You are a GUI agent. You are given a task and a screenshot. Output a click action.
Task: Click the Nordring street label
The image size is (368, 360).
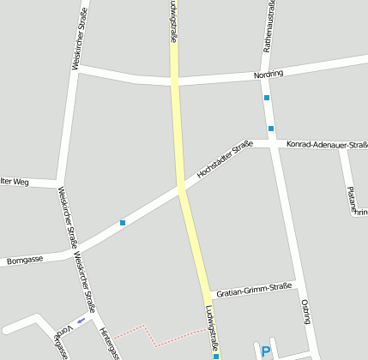pos(268,75)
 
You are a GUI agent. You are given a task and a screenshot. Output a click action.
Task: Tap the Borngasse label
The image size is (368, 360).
pos(24,258)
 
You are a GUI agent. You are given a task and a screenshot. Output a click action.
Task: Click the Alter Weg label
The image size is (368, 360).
pos(15,182)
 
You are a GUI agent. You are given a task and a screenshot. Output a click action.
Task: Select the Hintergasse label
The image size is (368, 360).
pos(107,342)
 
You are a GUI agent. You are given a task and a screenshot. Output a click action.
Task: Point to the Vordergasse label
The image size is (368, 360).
pos(60,344)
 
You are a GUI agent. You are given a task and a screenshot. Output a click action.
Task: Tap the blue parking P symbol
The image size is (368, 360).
pos(265,351)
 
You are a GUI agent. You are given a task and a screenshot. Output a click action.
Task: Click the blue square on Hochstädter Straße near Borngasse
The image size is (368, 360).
pos(123,223)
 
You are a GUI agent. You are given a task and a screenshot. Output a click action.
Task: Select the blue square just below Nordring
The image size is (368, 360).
pos(267,98)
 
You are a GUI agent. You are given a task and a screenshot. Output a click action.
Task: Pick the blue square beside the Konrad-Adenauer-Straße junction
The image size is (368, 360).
pos(271,129)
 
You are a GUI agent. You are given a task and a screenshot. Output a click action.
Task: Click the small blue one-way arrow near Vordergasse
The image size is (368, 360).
pos(81,320)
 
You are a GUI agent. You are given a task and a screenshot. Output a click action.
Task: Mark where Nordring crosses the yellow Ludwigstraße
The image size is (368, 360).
pos(175,81)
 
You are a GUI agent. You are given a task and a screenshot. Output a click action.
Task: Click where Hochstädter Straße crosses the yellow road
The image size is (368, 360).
pos(182,186)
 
